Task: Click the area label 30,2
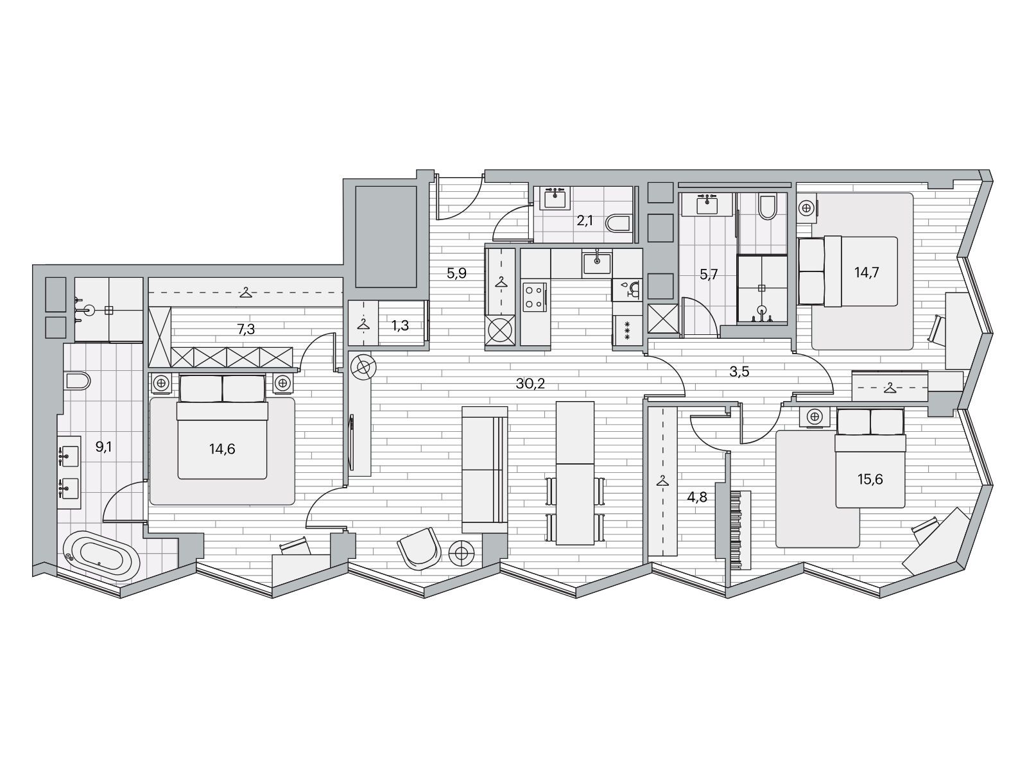530,384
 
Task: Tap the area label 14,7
867,273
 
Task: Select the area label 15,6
870,480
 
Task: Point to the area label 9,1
103,447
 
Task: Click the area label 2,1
584,220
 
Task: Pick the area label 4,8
696,497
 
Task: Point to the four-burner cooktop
534,297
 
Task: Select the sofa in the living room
485,470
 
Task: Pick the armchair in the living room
419,549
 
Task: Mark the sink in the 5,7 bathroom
707,205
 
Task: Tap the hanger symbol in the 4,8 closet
662,481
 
